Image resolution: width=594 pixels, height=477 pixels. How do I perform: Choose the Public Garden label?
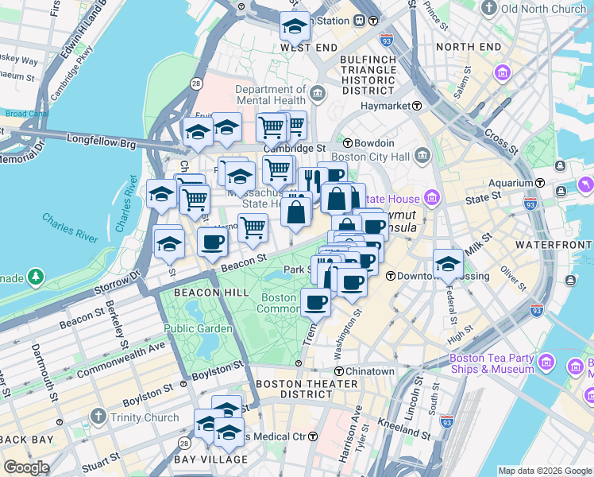199,328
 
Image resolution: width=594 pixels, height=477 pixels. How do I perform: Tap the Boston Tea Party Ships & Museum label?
492,363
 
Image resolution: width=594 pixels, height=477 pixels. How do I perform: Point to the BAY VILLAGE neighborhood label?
210,460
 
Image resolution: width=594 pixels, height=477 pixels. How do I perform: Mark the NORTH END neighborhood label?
469,47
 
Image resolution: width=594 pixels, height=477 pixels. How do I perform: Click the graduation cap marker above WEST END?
295,27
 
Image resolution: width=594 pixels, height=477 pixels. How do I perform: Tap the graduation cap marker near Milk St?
448,263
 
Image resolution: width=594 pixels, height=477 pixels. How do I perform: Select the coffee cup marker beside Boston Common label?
315,302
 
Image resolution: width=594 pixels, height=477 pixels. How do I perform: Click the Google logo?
27,467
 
